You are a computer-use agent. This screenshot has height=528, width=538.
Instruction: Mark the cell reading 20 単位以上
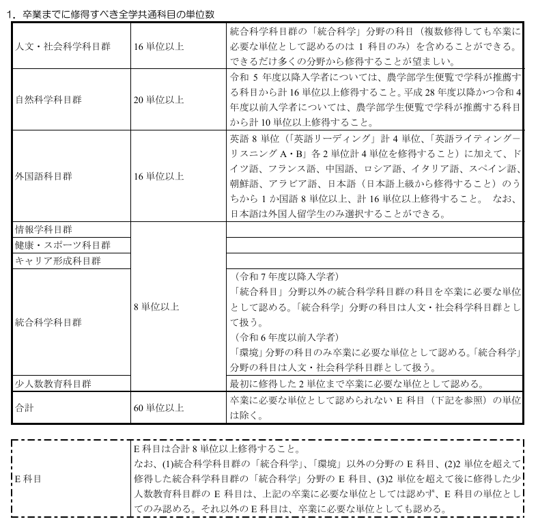(159, 100)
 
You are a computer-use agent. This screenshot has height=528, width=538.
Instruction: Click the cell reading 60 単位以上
(159, 408)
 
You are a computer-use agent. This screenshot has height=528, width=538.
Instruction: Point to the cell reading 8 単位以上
(156, 307)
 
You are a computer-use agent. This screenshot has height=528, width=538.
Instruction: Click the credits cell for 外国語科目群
(159, 176)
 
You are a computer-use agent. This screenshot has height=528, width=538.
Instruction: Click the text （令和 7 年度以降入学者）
(285, 277)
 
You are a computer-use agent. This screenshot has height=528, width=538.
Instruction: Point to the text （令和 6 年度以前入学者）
(285, 337)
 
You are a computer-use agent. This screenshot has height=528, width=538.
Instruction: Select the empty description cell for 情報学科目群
(374, 228)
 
